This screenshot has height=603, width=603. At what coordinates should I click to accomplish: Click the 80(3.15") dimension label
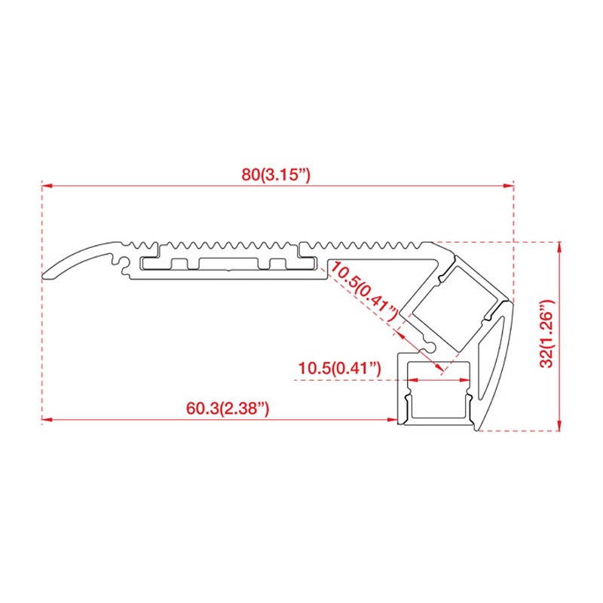[x=276, y=174]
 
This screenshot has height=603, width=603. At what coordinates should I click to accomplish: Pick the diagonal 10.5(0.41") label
[x=363, y=292]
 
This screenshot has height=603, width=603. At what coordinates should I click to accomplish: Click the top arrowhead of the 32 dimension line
[x=559, y=246]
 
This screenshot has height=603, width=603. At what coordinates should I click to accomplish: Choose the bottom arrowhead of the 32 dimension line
[x=559, y=427]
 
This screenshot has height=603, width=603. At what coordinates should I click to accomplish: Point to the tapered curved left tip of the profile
[x=47, y=273]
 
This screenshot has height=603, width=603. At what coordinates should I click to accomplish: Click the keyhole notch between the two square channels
[x=430, y=345]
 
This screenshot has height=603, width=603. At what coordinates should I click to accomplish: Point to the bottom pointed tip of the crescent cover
[x=477, y=432]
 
